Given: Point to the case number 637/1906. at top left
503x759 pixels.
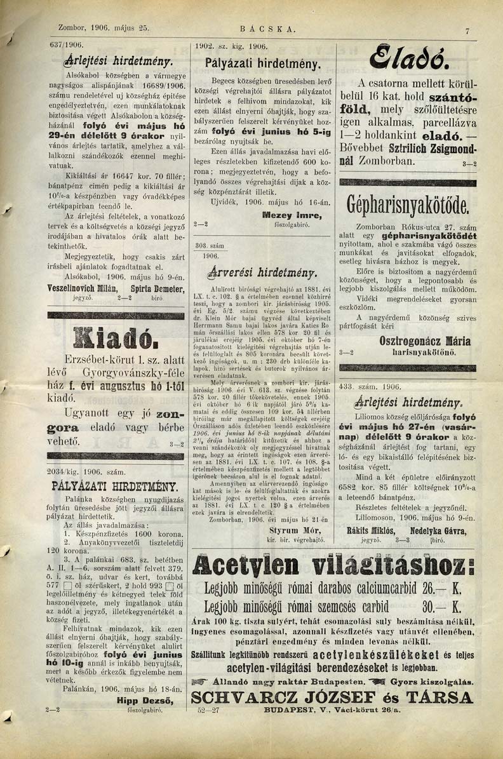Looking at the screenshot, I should click(68, 46).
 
